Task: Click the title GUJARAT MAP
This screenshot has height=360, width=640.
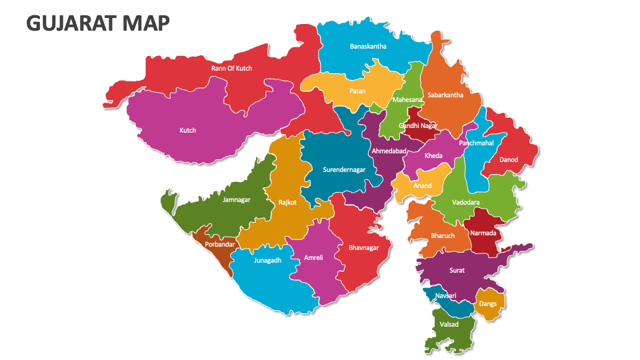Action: click(97, 23)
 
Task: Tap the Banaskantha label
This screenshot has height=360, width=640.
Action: click(368, 47)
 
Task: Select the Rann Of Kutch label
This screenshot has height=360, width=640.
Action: click(231, 68)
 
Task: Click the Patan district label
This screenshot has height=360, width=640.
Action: click(357, 91)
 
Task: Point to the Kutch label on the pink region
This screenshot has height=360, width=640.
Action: click(188, 131)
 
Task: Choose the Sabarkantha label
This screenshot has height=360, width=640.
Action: click(445, 95)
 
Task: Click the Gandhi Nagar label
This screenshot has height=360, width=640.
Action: click(418, 125)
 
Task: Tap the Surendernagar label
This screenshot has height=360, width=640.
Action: click(344, 170)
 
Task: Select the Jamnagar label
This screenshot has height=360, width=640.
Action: click(237, 199)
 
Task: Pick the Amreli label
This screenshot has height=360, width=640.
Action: click(313, 257)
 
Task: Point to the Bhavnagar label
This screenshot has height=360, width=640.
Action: click(363, 248)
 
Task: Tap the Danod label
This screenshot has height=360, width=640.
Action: click(509, 160)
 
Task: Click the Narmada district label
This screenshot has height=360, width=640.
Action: click(483, 233)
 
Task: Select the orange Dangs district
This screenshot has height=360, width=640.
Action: click(489, 303)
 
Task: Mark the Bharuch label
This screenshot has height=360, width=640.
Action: click(443, 236)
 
